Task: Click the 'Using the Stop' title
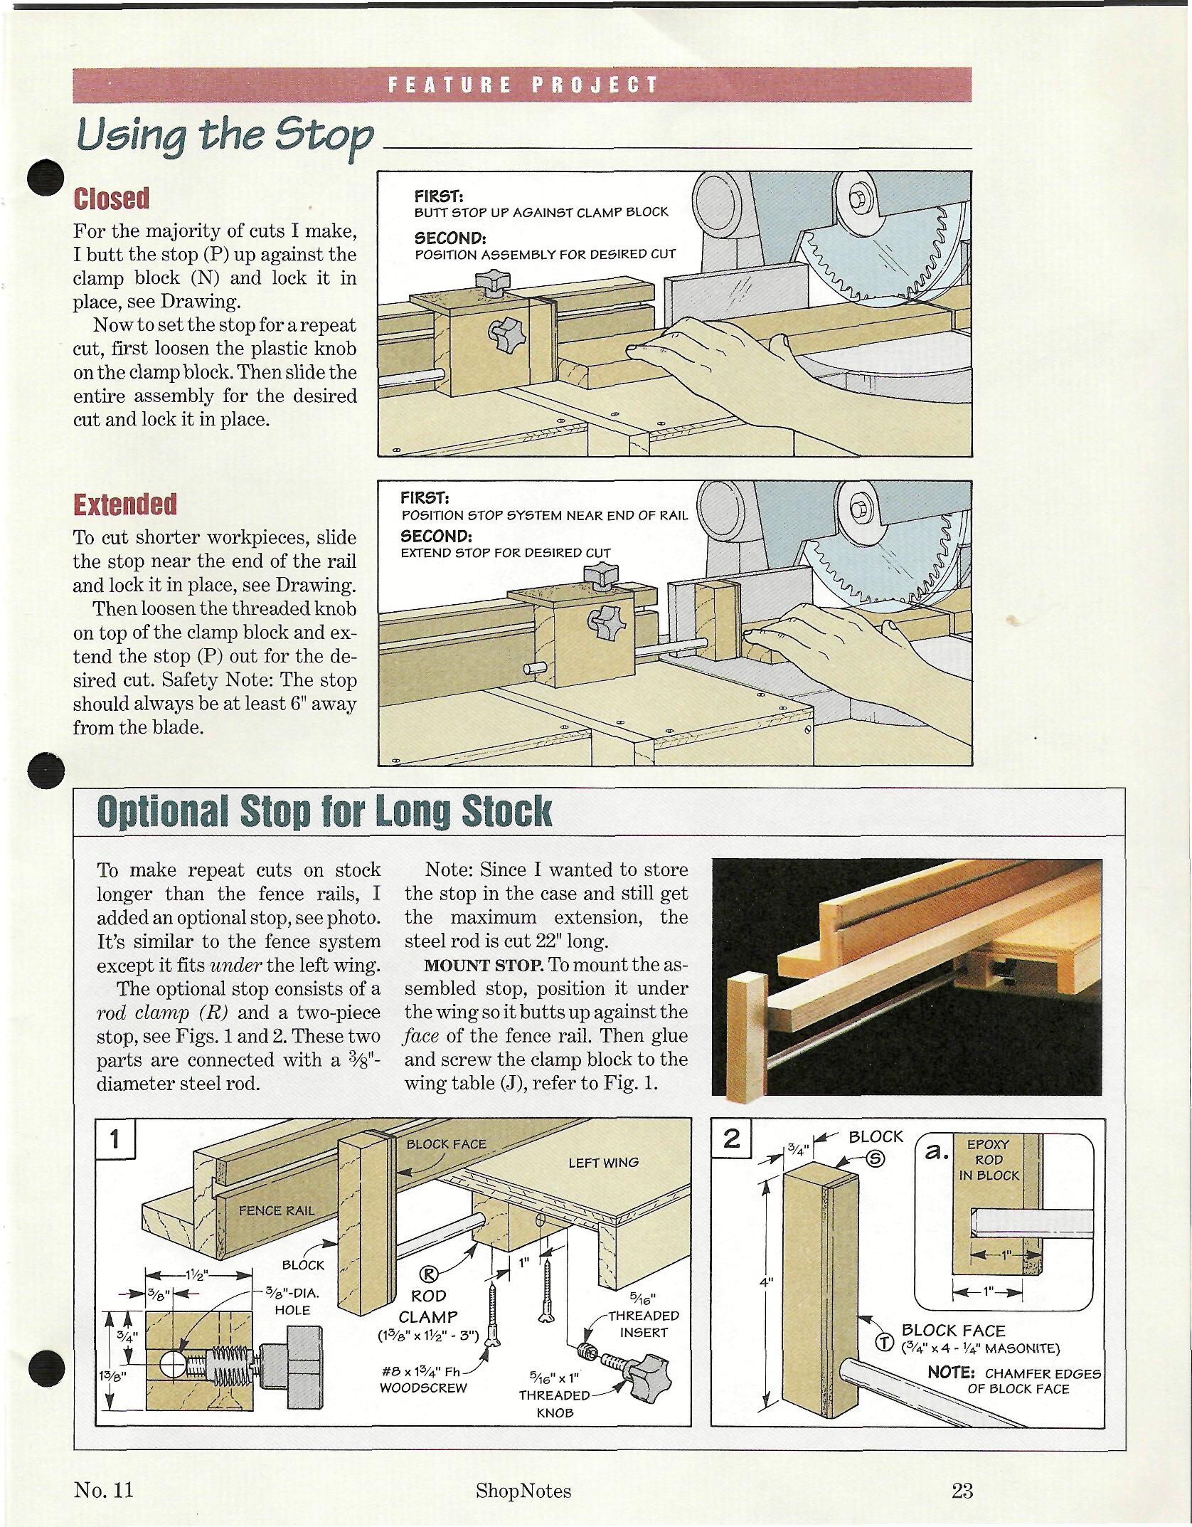[224, 136]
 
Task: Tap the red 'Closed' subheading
[111, 199]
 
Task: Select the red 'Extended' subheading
[124, 504]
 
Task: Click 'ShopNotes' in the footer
[523, 1489]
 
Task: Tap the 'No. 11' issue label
[103, 1489]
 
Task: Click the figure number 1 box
[115, 1140]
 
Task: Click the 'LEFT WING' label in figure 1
[603, 1163]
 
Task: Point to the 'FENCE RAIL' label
[275, 1210]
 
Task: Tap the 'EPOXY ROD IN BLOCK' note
[989, 1160]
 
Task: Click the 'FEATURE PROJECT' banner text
[522, 85]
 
